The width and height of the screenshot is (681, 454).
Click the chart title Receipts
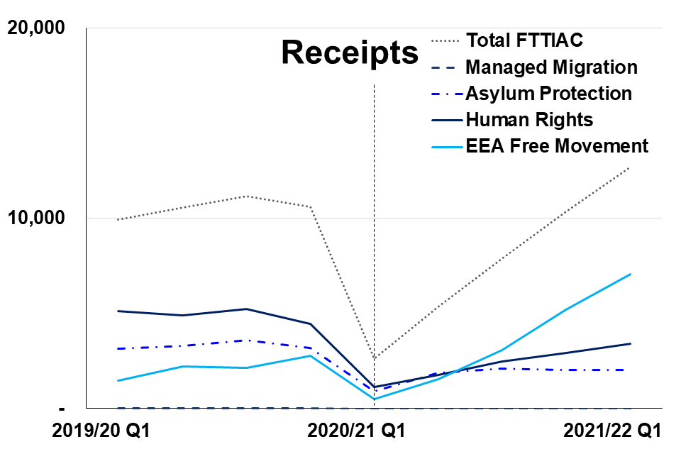[x=350, y=52]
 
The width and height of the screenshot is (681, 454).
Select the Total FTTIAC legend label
[x=524, y=40]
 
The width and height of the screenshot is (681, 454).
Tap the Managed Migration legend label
[x=551, y=67]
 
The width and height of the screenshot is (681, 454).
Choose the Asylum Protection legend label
[x=548, y=93]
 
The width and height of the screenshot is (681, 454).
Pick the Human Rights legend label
[x=529, y=119]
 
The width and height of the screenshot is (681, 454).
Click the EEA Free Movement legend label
[x=557, y=146]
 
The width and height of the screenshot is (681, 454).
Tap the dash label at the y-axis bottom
[x=62, y=408]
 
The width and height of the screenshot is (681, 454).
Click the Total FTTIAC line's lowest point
[x=374, y=358]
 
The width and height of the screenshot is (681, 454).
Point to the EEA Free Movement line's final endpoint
[x=630, y=274]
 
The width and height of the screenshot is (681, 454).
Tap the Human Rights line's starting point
[x=118, y=311]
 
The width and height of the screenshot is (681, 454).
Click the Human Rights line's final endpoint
[x=630, y=343]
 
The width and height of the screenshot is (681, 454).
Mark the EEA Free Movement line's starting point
[x=118, y=381]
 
